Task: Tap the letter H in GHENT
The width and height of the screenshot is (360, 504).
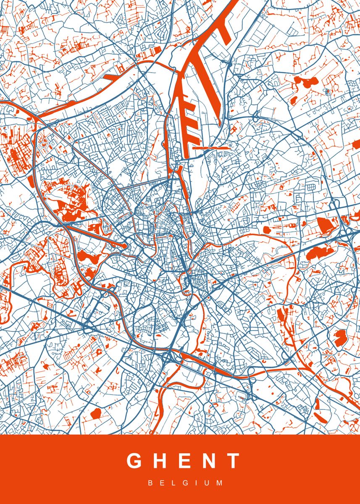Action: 162,461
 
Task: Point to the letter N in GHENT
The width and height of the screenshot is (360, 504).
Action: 209,461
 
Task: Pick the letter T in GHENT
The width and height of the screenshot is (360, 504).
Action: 233,461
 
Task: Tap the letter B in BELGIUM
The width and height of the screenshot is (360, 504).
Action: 150,483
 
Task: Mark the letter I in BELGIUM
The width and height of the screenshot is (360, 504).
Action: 197,483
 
